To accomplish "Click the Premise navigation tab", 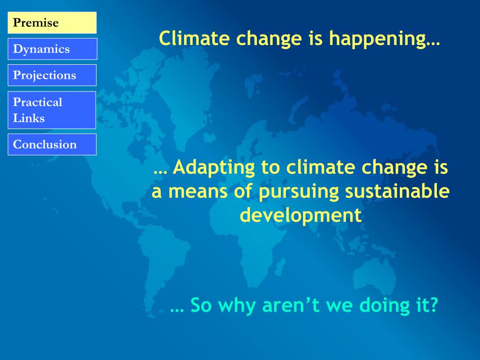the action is [52, 22].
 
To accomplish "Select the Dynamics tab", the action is [52, 49].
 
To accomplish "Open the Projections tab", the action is [52, 75].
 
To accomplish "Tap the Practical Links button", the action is [52, 110].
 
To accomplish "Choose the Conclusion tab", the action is [52, 144].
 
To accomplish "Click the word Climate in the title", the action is [194, 38].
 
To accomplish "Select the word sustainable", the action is [397, 191].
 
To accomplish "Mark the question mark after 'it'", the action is [433, 305].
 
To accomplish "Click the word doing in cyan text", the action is [384, 306].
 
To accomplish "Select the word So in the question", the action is [201, 305].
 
